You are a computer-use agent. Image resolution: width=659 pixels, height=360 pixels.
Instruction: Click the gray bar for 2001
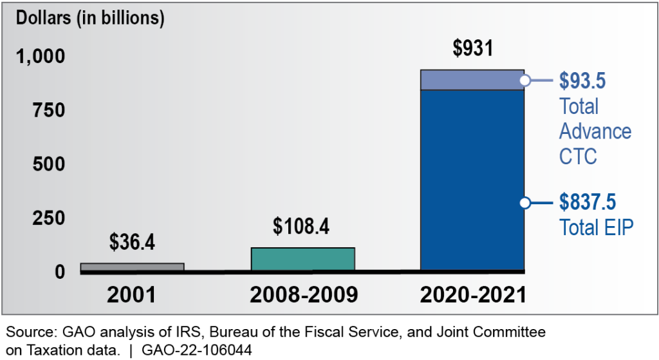click(132, 267)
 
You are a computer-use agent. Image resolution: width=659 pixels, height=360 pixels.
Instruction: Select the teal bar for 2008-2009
click(302, 258)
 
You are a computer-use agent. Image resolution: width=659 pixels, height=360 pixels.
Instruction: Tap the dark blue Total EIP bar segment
click(472, 180)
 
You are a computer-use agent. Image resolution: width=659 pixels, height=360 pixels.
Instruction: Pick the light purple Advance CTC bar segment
click(472, 80)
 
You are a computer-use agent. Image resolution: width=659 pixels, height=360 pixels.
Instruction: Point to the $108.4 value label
click(302, 226)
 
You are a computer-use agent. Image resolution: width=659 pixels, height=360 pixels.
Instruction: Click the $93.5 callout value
click(582, 81)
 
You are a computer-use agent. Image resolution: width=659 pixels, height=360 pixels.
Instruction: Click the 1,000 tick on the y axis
click(41, 57)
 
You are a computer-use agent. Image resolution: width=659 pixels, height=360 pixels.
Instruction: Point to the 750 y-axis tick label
click(49, 110)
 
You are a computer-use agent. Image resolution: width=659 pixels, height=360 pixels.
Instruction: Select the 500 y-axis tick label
click(49, 164)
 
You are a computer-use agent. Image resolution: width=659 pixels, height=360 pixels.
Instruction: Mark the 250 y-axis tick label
click(49, 218)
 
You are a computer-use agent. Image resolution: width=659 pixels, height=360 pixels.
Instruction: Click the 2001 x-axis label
click(132, 295)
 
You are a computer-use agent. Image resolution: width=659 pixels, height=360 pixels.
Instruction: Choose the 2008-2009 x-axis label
click(302, 295)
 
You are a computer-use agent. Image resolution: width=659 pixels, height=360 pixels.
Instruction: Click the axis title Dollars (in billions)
click(90, 18)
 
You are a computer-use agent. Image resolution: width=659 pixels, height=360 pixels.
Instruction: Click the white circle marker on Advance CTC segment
click(525, 81)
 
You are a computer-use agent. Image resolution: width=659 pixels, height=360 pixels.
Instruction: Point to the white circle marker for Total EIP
click(525, 203)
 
